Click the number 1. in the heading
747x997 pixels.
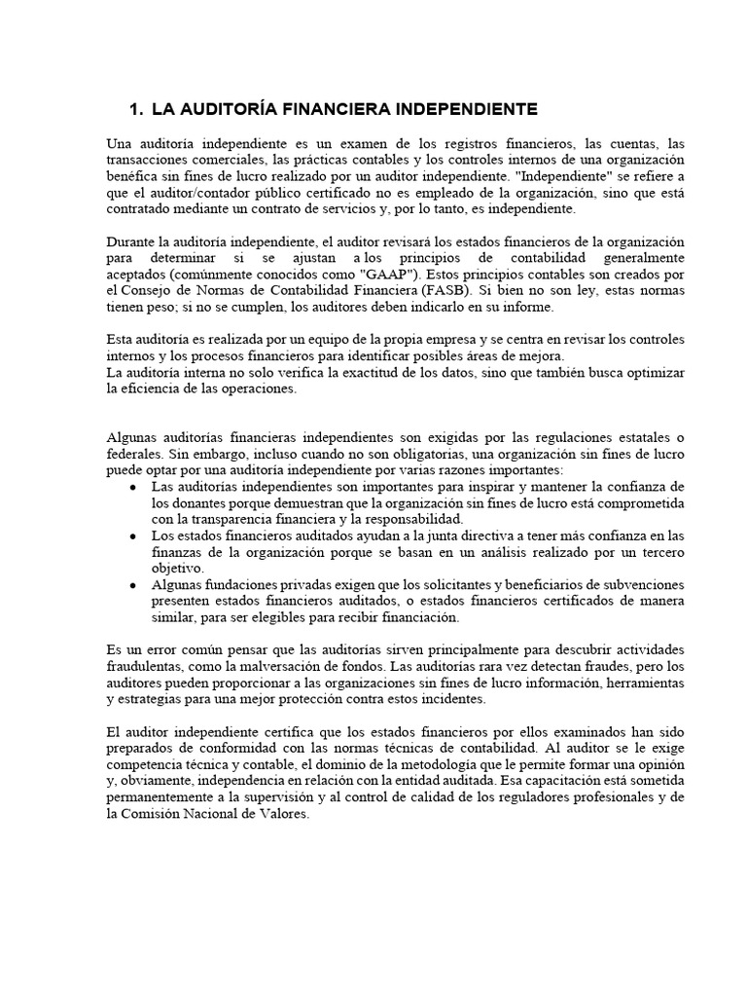(137, 107)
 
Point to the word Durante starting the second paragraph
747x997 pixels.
(130, 241)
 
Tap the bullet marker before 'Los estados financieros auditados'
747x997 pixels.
(133, 536)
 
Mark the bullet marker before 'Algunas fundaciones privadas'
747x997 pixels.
(133, 586)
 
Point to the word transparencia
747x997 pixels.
(220, 519)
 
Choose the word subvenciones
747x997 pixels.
(638, 585)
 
